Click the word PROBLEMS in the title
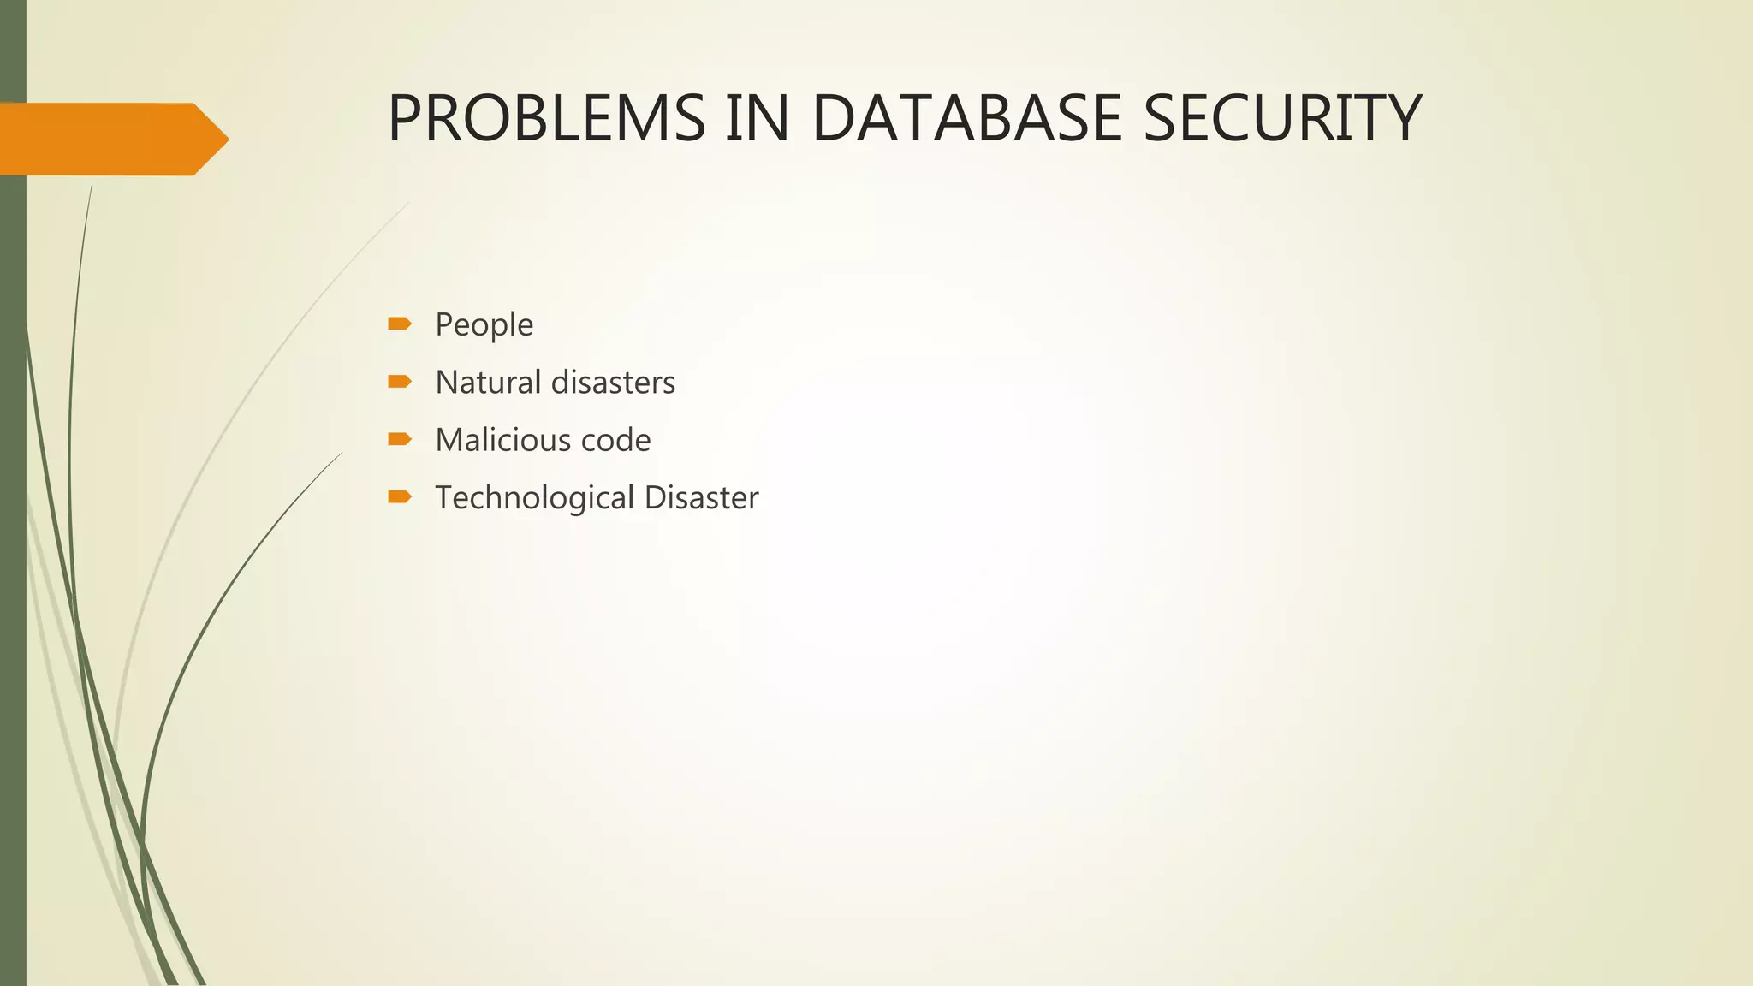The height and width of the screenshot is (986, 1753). click(x=546, y=118)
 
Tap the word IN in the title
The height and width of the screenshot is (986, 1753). click(x=758, y=118)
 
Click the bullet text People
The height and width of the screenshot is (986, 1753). click(x=484, y=325)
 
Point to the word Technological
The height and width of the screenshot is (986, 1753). click(x=535, y=498)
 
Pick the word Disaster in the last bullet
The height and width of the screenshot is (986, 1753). click(x=701, y=498)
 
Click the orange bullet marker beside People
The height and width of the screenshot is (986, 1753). click(x=400, y=324)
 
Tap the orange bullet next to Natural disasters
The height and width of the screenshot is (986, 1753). click(x=400, y=381)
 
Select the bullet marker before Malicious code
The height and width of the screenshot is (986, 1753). click(x=400, y=439)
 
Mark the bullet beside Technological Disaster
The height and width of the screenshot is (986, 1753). click(x=400, y=496)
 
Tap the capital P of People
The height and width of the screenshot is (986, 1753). click(x=443, y=325)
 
